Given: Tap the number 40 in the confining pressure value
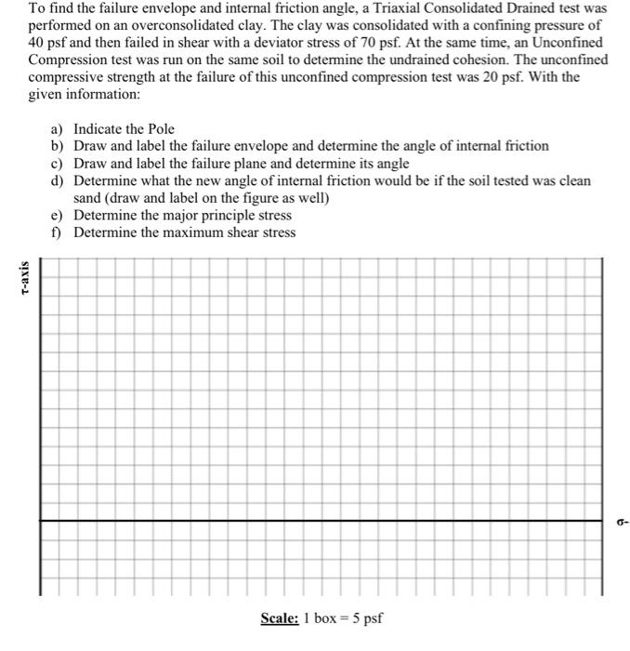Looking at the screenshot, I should (36, 44).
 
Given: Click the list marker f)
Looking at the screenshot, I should (59, 232).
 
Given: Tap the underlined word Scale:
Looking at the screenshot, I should (279, 618).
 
